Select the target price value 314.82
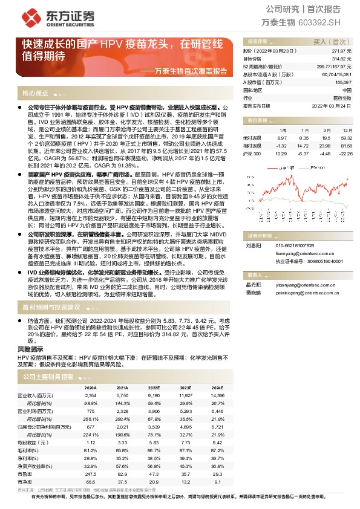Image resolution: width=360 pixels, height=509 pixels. click(x=343, y=59)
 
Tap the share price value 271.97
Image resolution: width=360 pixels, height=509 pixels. click(x=343, y=52)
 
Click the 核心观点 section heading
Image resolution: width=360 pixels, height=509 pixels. click(x=34, y=94)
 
